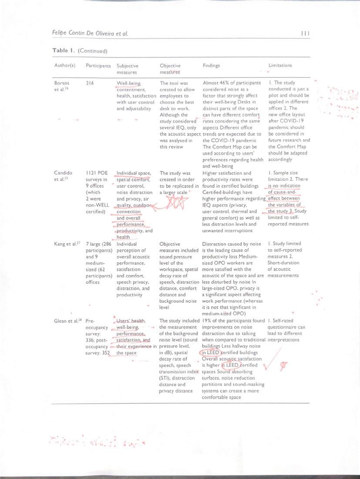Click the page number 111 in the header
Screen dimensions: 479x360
tap(305, 33)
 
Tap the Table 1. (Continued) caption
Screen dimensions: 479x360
tap(80, 51)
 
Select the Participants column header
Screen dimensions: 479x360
tap(98, 66)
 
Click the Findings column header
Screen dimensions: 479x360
tap(211, 66)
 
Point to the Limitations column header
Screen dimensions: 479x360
tap(280, 66)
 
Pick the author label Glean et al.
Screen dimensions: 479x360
tap(68, 322)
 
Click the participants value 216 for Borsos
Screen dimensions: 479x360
tap(90, 83)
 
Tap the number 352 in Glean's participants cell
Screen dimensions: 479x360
tap(105, 353)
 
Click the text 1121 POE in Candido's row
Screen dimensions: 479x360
tap(97, 173)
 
